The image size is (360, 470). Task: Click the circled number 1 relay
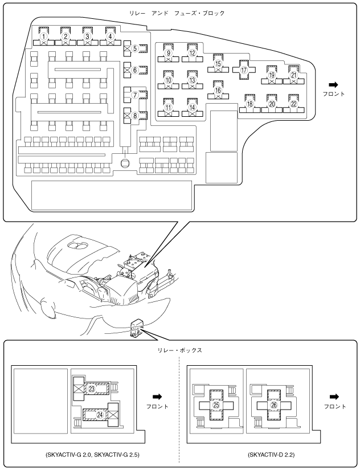pyautogui.click(x=43, y=36)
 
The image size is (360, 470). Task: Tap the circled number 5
pyautogui.click(x=135, y=48)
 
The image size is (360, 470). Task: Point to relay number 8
pyautogui.click(x=135, y=115)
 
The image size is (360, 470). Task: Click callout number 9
pyautogui.click(x=168, y=53)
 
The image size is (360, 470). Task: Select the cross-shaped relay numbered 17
pyautogui.click(x=244, y=71)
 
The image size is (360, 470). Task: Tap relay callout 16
pyautogui.click(x=218, y=90)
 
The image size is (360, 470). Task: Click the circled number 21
pyautogui.click(x=294, y=75)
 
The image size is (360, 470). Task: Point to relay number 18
pyautogui.click(x=249, y=104)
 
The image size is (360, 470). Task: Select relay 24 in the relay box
pyautogui.click(x=100, y=415)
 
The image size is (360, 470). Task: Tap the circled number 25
pyautogui.click(x=216, y=404)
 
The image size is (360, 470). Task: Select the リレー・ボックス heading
pyautogui.click(x=181, y=350)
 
